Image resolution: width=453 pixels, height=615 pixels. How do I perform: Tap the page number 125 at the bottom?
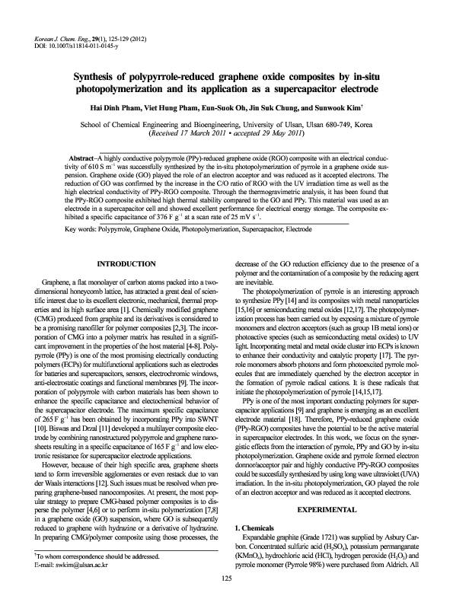tap(226, 601)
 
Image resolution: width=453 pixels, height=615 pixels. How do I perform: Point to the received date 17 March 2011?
tap(223, 135)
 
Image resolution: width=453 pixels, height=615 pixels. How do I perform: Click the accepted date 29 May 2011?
tap(282, 135)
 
